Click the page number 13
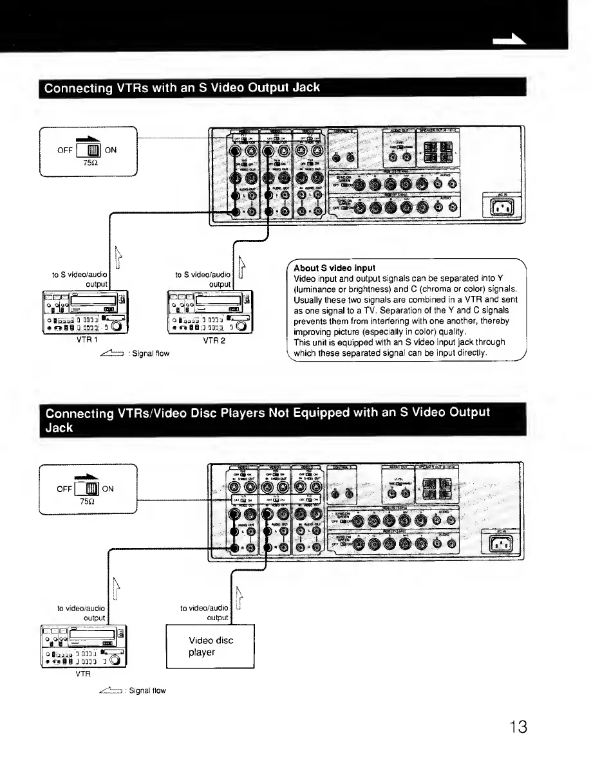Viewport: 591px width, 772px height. click(x=517, y=726)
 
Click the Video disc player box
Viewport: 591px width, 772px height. click(x=211, y=646)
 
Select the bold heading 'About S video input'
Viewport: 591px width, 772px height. click(x=334, y=268)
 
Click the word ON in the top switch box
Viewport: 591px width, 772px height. click(x=111, y=151)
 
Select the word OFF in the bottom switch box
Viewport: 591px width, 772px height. click(x=64, y=488)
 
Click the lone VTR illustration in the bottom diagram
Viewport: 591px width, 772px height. click(x=84, y=647)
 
